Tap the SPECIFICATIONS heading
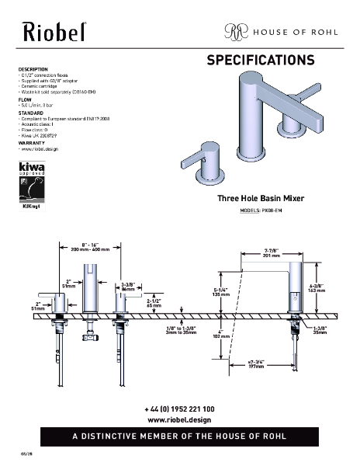tap(260, 60)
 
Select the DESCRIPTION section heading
tap(33, 69)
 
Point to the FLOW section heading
tap(25, 99)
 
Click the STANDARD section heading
tap(30, 113)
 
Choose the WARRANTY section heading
tap(31, 144)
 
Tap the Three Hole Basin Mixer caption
tap(260, 199)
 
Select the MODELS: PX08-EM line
tap(260, 210)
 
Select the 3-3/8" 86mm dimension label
tap(128, 287)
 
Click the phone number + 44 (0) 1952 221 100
tap(179, 409)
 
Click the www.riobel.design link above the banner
tap(179, 419)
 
